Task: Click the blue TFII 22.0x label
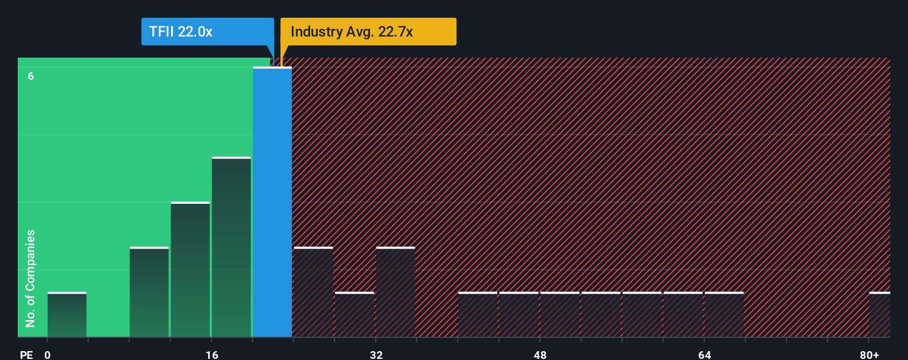(x=207, y=32)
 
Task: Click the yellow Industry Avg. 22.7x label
(x=368, y=32)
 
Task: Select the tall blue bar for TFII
(x=272, y=202)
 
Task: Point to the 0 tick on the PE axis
(x=48, y=354)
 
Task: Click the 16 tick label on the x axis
(x=212, y=354)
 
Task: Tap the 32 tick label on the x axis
(x=376, y=354)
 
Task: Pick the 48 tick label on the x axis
(x=540, y=354)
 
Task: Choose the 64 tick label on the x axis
(x=704, y=354)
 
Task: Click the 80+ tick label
(x=869, y=354)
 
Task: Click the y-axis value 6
(x=31, y=76)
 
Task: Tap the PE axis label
(x=26, y=354)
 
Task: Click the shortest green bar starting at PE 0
(x=67, y=315)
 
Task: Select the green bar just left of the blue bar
(x=231, y=247)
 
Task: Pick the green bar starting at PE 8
(x=149, y=292)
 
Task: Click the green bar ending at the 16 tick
(x=190, y=270)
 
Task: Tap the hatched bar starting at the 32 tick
(x=395, y=292)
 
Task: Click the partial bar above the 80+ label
(x=879, y=315)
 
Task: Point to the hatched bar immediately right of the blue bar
(x=313, y=292)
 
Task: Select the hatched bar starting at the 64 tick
(x=724, y=315)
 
